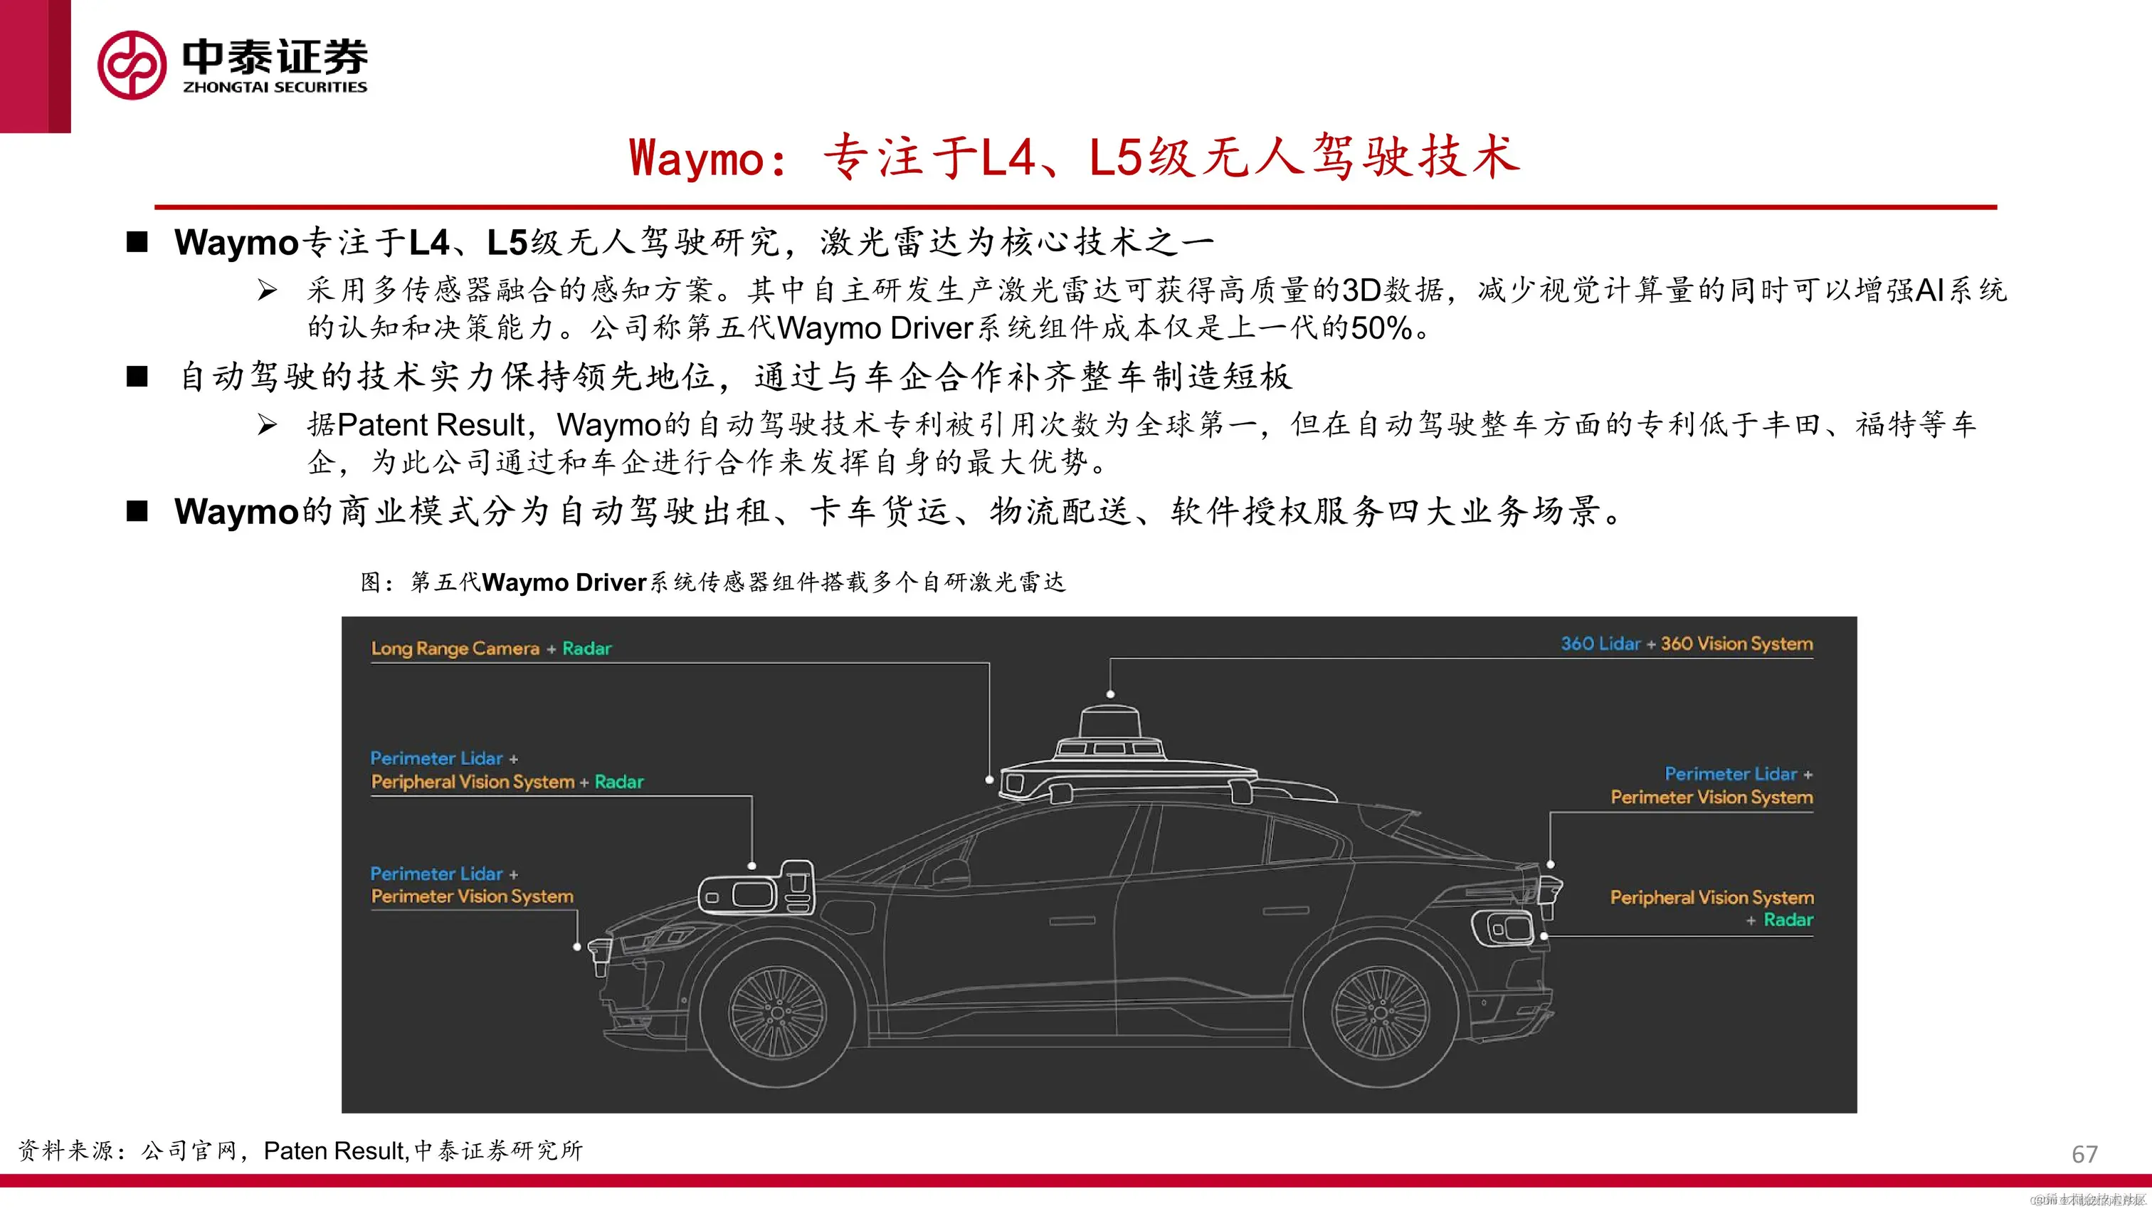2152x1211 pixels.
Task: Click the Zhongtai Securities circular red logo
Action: tap(132, 65)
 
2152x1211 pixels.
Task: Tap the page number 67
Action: tap(2084, 1154)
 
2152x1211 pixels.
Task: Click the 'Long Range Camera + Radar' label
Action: tap(491, 649)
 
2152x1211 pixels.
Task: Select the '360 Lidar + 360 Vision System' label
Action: tap(1687, 644)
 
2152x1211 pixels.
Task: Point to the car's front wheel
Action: tap(777, 1014)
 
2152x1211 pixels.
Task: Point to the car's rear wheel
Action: tap(1379, 1012)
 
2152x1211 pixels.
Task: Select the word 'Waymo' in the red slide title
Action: tap(696, 157)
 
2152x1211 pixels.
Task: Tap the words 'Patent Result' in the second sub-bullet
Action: tap(431, 424)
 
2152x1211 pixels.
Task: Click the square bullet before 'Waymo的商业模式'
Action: tap(137, 511)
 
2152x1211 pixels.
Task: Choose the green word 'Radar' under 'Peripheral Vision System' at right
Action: tap(1788, 920)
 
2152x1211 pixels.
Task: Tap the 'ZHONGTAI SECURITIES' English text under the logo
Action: tap(275, 87)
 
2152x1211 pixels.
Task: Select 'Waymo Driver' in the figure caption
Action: tap(565, 582)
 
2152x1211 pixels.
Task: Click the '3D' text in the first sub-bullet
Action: tap(1361, 290)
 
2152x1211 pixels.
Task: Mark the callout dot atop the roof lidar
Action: tap(1110, 693)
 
